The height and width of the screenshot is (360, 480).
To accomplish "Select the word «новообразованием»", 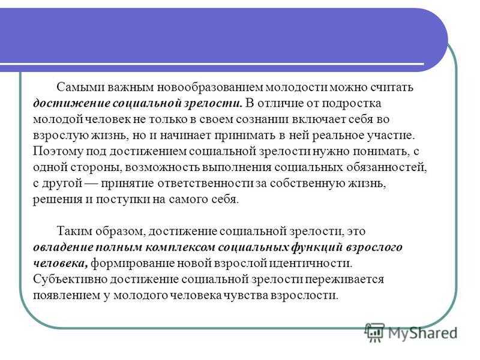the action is [x=210, y=88].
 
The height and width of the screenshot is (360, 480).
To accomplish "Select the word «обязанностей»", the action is [x=386, y=167].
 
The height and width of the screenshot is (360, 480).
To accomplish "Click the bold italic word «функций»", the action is [x=316, y=247].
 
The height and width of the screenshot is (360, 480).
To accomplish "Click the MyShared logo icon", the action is [x=374, y=332].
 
